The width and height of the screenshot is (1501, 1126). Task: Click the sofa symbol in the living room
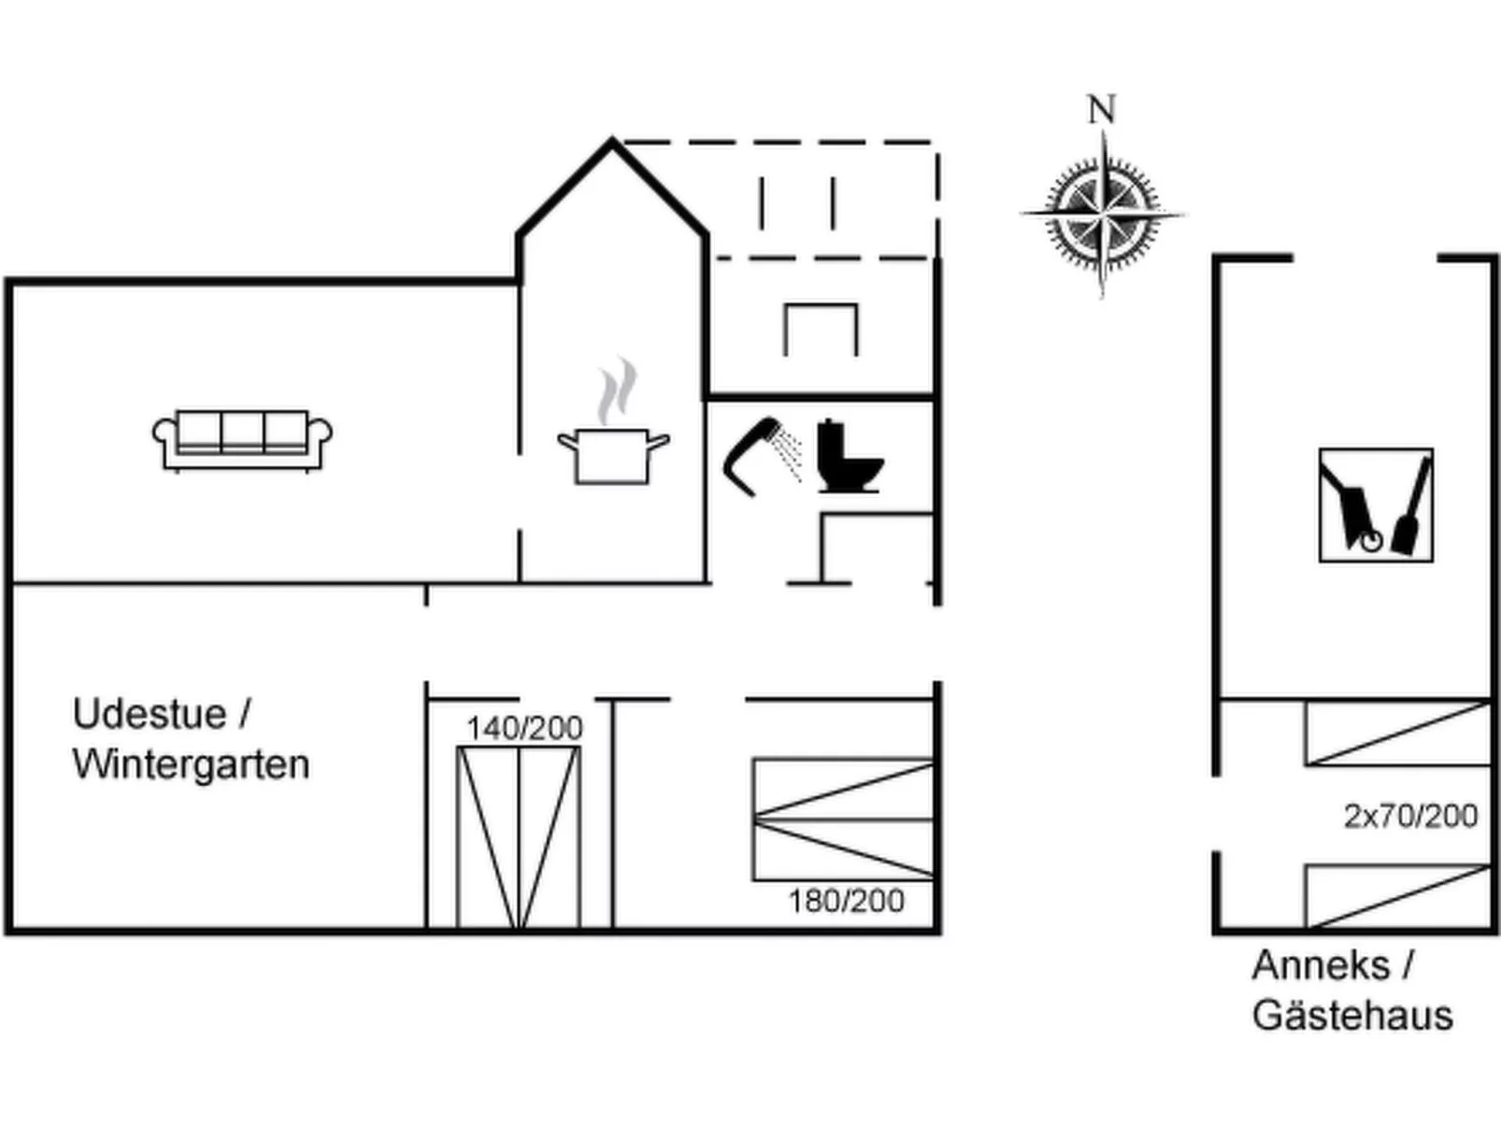[242, 439]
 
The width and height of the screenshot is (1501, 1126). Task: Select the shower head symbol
[759, 454]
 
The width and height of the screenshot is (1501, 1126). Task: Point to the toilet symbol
[848, 457]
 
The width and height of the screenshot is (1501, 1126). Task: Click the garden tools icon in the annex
[1375, 505]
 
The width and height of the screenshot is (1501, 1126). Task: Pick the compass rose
[1103, 215]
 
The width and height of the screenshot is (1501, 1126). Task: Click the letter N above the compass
[1102, 110]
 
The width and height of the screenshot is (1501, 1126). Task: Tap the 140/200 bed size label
[524, 728]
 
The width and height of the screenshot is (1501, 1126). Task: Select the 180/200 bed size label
[846, 901]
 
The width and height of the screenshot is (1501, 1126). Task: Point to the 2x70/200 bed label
[1410, 816]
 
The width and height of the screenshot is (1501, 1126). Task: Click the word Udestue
[150, 715]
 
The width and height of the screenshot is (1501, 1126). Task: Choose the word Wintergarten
[191, 764]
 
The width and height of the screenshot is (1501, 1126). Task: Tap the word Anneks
[1321, 965]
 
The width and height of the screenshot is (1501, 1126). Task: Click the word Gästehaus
[1352, 1016]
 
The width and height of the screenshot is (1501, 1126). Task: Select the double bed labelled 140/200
[519, 836]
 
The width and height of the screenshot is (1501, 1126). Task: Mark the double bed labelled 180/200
[843, 820]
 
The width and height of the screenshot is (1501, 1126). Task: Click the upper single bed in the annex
[1397, 734]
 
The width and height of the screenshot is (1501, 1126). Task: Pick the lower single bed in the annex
[1397, 896]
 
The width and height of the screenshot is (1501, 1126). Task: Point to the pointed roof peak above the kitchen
[612, 143]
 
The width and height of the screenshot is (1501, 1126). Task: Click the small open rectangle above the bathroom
[821, 329]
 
